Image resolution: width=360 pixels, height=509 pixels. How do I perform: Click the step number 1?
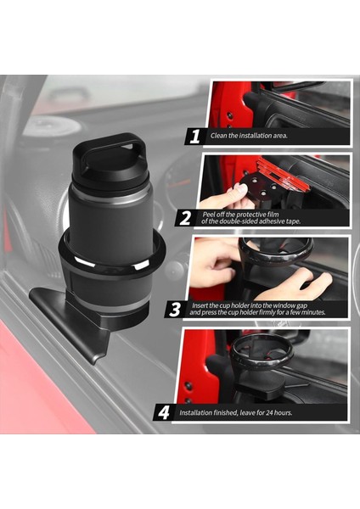pyautogui.click(x=194, y=136)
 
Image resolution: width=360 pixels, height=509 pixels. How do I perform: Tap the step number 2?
pyautogui.click(x=185, y=217)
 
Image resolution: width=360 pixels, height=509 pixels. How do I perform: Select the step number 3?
pyautogui.click(x=175, y=309)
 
